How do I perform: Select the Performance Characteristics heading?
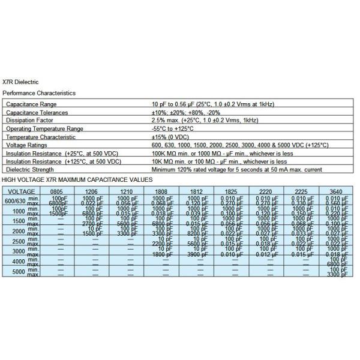pos(39,94)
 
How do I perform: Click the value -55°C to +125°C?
pos(174,128)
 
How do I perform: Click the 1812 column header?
pos(195,190)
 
